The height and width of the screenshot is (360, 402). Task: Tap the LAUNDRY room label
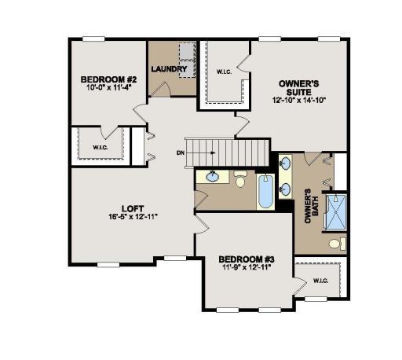(x=170, y=69)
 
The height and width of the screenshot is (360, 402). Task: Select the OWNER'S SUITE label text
(x=298, y=86)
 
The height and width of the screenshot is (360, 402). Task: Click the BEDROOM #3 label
(x=246, y=259)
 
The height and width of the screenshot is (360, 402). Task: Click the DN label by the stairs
(x=180, y=152)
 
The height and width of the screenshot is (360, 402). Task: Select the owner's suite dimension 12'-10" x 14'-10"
(x=298, y=101)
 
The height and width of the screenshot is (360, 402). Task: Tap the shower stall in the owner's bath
(x=336, y=210)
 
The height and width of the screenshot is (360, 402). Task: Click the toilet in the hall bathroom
(x=241, y=178)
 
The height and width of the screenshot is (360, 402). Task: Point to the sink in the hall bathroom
(x=212, y=176)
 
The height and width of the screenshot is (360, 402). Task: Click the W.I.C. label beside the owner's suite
(x=224, y=72)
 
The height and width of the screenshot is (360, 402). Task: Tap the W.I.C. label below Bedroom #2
(x=100, y=147)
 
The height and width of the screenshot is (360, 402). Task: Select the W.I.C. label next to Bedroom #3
(x=320, y=281)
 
